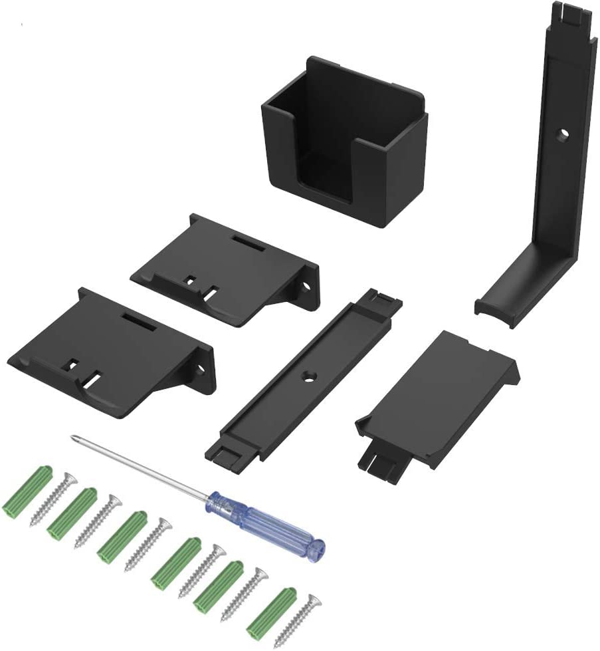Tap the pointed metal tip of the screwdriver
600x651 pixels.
click(x=73, y=438)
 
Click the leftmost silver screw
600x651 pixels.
click(x=54, y=498)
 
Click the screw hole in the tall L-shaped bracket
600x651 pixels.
click(x=562, y=134)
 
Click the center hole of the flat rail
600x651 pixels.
click(x=309, y=378)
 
